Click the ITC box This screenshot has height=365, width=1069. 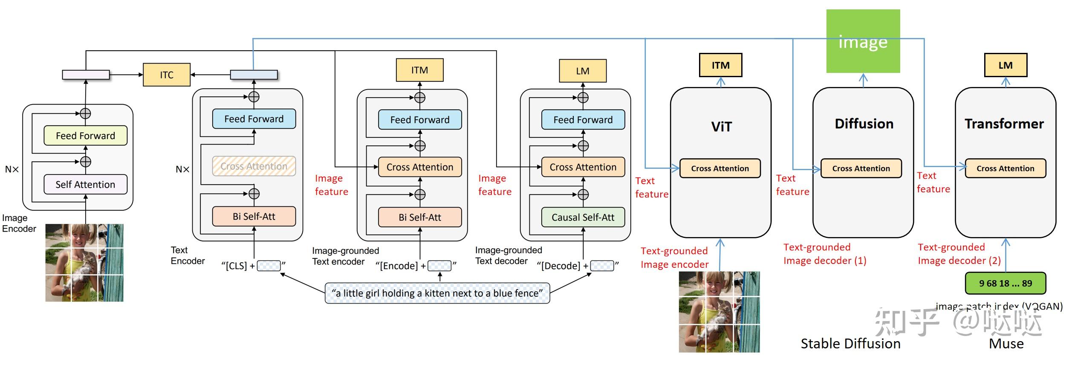pyautogui.click(x=166, y=75)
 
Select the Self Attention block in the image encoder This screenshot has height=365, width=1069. pyautogui.click(x=85, y=185)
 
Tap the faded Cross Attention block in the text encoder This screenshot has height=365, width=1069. pyautogui.click(x=254, y=166)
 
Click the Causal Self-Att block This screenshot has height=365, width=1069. pyautogui.click(x=583, y=217)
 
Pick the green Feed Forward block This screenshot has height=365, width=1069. pyautogui.click(x=85, y=136)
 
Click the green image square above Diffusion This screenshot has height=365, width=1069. pyautogui.click(x=863, y=41)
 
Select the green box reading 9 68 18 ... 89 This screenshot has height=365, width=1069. pyautogui.click(x=1005, y=284)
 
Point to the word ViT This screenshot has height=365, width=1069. pyautogui.click(x=721, y=127)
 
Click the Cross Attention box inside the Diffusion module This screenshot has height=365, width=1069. pyautogui.click(x=861, y=168)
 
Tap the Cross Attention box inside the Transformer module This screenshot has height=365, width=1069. pyautogui.click(x=1005, y=168)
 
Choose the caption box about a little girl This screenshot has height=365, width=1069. pyautogui.click(x=437, y=293)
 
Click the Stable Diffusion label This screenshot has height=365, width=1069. pyautogui.click(x=850, y=344)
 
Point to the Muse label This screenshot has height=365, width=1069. pyautogui.click(x=1006, y=344)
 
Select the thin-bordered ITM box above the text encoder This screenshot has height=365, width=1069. pyautogui.click(x=419, y=70)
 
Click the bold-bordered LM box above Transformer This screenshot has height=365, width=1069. pyautogui.click(x=1005, y=65)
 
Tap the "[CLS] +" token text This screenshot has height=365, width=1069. pyautogui.click(x=238, y=266)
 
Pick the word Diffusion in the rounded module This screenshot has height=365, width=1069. pyautogui.click(x=864, y=124)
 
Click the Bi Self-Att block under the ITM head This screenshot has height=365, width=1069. pyautogui.click(x=419, y=217)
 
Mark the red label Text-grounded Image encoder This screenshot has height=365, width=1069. pyautogui.click(x=674, y=258)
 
